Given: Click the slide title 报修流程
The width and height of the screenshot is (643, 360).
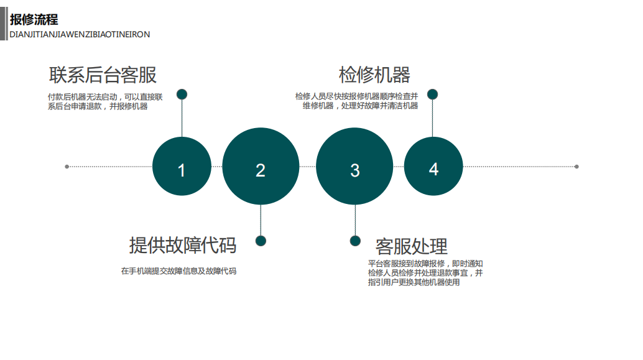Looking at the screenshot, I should click(34, 20).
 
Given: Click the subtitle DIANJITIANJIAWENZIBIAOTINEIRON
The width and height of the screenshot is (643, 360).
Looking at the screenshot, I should click(80, 35).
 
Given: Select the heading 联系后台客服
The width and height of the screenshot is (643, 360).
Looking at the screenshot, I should click(103, 75).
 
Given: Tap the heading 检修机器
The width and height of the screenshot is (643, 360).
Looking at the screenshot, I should click(374, 75).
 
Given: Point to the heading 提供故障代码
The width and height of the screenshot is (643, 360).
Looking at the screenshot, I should click(182, 245).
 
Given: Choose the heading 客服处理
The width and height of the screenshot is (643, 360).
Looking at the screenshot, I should click(411, 246).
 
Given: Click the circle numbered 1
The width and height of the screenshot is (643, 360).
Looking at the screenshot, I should click(182, 167).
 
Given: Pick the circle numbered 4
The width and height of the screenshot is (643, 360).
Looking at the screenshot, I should click(433, 167).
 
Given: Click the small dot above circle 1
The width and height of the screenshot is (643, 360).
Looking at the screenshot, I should click(182, 95).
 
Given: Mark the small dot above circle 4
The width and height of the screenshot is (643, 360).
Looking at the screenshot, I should click(432, 95).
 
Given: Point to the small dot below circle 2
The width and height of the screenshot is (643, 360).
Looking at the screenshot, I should click(261, 241).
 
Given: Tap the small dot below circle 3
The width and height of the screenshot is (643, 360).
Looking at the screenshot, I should click(354, 241).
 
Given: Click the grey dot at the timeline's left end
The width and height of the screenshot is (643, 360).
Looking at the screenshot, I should click(67, 167).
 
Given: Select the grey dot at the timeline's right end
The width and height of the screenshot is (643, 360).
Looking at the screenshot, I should click(576, 167).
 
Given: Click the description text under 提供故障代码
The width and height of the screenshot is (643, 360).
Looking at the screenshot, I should click(178, 271).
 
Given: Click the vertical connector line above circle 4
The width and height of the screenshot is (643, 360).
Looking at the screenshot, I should click(432, 118).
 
